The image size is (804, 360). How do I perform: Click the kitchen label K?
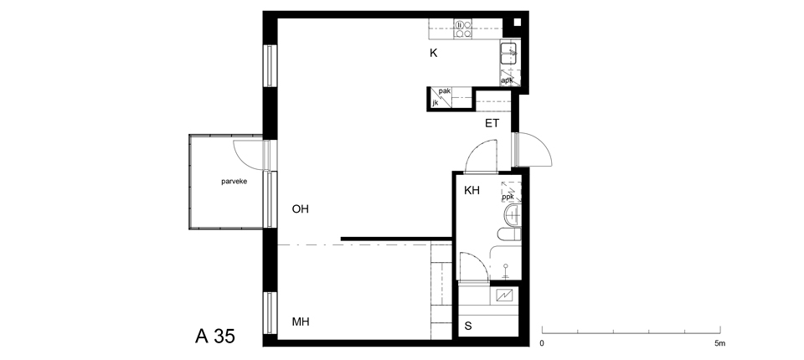click(433, 53)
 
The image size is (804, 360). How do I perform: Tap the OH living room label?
click(301, 209)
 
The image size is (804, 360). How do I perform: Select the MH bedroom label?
click(301, 322)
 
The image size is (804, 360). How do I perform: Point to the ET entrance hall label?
click(492, 124)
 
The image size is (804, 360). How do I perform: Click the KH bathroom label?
click(472, 191)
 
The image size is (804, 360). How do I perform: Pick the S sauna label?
click(468, 327)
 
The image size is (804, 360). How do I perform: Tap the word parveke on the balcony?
click(234, 182)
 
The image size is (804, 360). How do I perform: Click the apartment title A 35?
click(215, 337)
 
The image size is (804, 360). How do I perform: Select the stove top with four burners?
click(463, 29)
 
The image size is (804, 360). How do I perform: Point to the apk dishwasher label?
click(508, 80)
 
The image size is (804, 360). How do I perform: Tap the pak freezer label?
click(445, 91)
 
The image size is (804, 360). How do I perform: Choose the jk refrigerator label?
click(435, 103)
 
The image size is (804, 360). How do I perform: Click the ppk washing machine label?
click(508, 197)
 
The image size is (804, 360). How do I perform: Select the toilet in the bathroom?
click(509, 234)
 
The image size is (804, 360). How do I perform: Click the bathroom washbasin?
click(513, 215)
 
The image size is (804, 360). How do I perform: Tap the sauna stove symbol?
click(504, 295)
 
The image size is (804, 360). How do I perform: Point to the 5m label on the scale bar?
click(720, 343)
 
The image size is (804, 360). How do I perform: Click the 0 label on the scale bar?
click(542, 343)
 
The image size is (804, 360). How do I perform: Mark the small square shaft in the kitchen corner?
click(517, 22)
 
